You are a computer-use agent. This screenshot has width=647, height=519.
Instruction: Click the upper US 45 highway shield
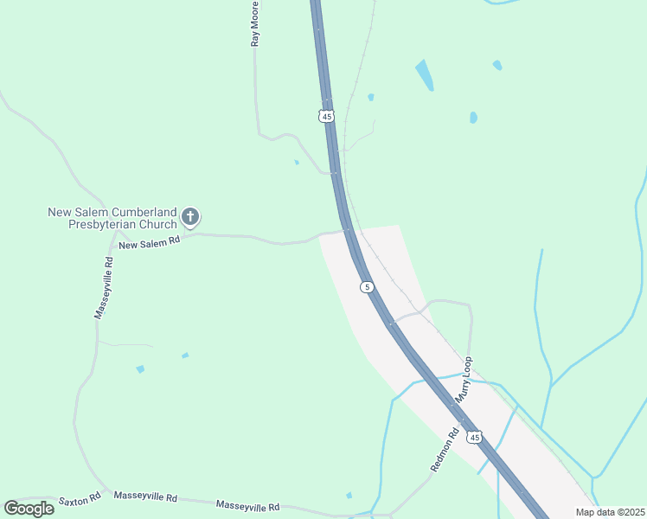[326, 115]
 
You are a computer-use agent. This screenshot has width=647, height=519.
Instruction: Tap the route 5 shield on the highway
[368, 286]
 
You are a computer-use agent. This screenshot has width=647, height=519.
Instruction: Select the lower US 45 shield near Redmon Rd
[474, 438]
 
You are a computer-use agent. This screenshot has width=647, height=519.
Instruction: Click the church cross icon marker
[190, 216]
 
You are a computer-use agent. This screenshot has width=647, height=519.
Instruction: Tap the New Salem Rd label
[149, 245]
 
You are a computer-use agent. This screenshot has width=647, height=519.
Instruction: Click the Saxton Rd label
[80, 499]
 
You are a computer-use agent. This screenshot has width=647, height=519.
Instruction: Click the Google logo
[29, 509]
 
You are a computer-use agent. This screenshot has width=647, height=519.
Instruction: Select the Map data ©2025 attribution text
[609, 512]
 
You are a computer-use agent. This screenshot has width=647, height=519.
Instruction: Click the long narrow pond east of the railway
[425, 75]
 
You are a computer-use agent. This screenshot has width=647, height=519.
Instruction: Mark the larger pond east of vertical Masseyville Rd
[140, 369]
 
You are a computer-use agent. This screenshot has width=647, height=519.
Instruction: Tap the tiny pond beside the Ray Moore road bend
[297, 162]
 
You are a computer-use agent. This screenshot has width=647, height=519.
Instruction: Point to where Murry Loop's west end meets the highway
[391, 323]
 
